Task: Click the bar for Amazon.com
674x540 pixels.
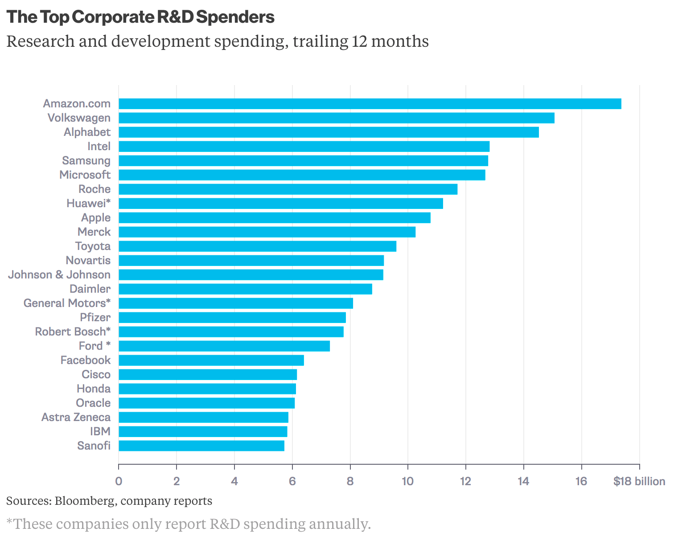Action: (370, 104)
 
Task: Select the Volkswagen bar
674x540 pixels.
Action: (337, 118)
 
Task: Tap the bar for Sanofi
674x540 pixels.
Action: (201, 446)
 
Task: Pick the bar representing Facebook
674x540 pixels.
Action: (211, 360)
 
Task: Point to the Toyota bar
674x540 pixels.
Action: (257, 246)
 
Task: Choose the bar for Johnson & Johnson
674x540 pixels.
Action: (251, 275)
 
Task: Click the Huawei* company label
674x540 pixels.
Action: (88, 204)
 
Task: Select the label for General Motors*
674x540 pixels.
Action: (67, 303)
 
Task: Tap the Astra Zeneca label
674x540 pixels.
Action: (76, 417)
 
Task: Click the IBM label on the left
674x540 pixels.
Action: (100, 432)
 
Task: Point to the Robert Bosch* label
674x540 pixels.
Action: (73, 332)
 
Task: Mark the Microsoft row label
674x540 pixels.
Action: (85, 175)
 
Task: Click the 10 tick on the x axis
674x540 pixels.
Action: (407, 482)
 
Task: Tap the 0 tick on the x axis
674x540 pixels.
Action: (119, 482)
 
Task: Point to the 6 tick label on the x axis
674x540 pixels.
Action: (292, 482)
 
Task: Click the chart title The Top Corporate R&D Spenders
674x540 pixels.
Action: (140, 17)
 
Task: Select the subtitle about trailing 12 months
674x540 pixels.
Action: (218, 41)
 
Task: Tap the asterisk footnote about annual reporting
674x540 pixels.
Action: (189, 524)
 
